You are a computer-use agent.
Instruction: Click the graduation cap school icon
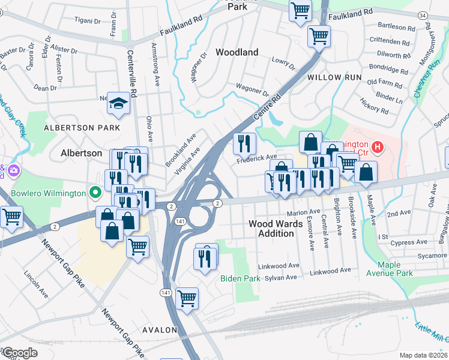[x=119, y=104]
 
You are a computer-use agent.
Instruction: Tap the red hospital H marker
[x=378, y=146]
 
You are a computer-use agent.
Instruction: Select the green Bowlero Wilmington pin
[x=94, y=193]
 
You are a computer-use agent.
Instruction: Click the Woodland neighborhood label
[x=237, y=52]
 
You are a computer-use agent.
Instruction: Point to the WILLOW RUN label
[x=334, y=77]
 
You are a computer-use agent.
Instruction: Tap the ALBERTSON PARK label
[x=82, y=128]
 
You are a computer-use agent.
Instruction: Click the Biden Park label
[x=240, y=278]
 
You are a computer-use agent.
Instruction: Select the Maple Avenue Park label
[x=395, y=269]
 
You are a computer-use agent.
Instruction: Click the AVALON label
[x=160, y=330]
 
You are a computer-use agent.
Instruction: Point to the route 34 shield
[x=439, y=15]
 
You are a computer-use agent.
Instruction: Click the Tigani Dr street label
[x=87, y=20]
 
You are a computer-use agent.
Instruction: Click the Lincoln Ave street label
[x=36, y=284]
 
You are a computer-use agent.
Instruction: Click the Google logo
[x=19, y=353]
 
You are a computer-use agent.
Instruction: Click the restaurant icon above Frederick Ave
[x=244, y=143]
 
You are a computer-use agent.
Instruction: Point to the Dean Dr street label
[x=45, y=88]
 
